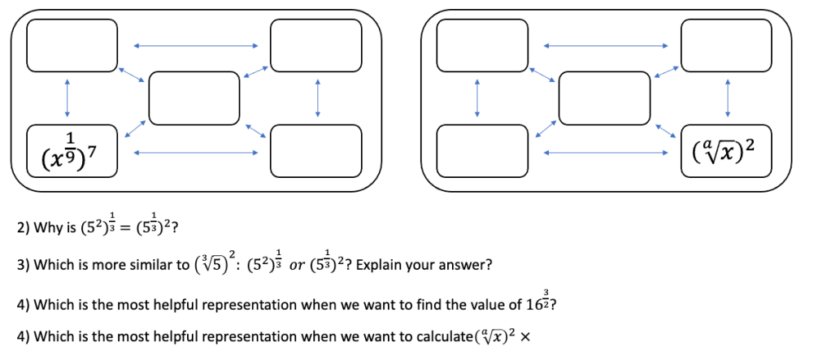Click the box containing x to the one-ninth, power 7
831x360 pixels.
coord(72,150)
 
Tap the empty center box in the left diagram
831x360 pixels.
coord(194,98)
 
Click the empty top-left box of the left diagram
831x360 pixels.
coord(72,45)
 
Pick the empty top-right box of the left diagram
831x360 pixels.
coord(316,45)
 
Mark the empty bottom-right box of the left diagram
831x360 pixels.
coord(316,150)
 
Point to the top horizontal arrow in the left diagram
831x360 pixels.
coord(194,45)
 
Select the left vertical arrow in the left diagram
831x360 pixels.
coord(67,98)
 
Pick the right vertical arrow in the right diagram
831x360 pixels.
coord(728,98)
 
